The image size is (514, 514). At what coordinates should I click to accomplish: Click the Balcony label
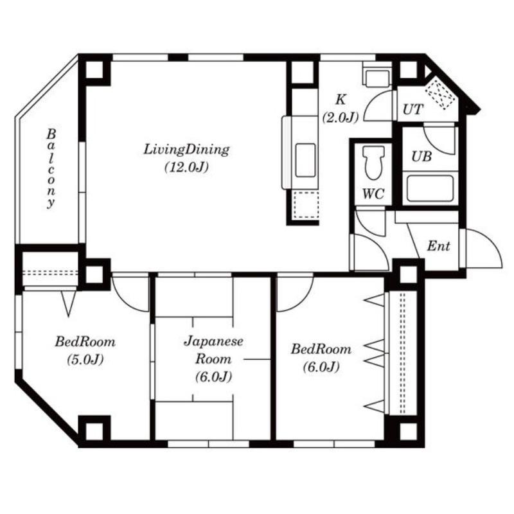click(x=51, y=168)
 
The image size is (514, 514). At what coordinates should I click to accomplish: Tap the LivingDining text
click(x=186, y=150)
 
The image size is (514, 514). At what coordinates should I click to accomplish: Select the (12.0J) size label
click(x=186, y=167)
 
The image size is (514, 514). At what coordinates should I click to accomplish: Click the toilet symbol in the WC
click(x=373, y=163)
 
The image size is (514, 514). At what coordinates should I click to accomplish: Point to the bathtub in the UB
click(x=430, y=188)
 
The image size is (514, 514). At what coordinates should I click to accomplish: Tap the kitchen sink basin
click(x=305, y=160)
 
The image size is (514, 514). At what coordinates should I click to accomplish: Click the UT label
click(x=412, y=109)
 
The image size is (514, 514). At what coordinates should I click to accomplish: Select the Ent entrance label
click(x=438, y=246)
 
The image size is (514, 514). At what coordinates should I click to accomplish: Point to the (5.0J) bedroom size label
click(x=85, y=360)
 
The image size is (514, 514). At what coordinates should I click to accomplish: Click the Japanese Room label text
click(x=213, y=350)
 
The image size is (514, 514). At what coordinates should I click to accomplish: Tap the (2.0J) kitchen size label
click(x=341, y=117)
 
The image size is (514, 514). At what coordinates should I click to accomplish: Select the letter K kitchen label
click(x=341, y=100)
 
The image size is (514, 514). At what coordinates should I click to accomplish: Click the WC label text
click(x=373, y=194)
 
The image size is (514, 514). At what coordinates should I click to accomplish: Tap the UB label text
click(x=421, y=157)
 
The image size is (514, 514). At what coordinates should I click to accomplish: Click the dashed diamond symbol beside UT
click(x=440, y=93)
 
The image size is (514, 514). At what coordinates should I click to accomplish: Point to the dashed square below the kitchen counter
click(x=306, y=205)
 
